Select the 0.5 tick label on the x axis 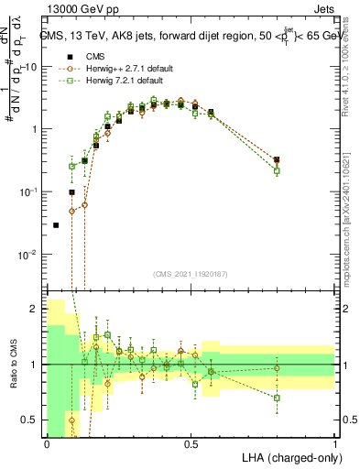(191, 444)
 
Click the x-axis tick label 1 (335, 444)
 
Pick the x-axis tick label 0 (47, 444)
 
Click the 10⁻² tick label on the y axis (29, 254)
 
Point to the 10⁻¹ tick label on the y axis (29, 191)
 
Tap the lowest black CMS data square (56, 225)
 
